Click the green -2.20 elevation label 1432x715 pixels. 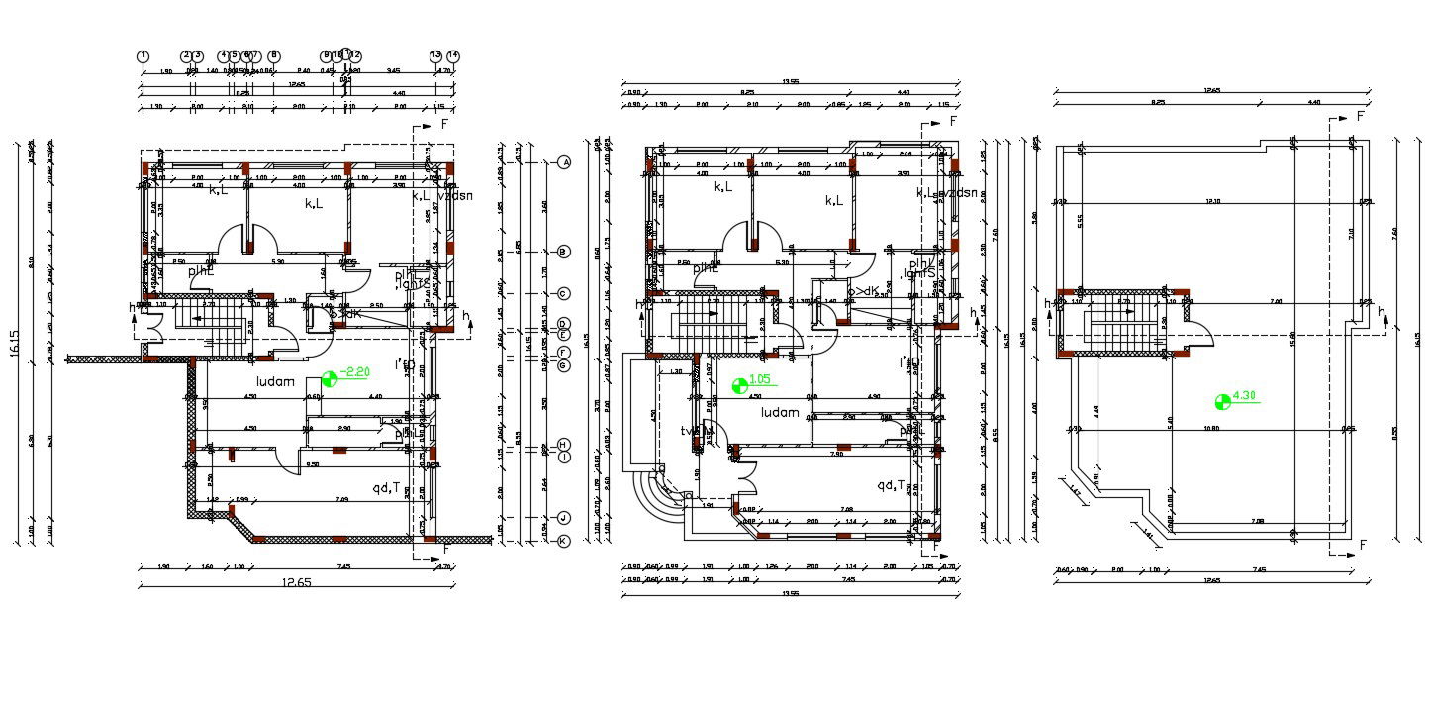click(x=355, y=372)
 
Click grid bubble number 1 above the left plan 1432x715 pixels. click(x=143, y=56)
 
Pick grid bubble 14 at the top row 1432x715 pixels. click(x=453, y=56)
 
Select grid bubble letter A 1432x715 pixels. click(x=565, y=162)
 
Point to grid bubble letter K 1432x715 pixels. click(x=563, y=541)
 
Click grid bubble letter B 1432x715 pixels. click(x=564, y=253)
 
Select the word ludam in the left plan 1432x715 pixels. click(x=277, y=381)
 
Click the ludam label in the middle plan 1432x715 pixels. click(x=780, y=412)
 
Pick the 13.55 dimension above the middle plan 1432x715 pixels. click(x=791, y=82)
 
